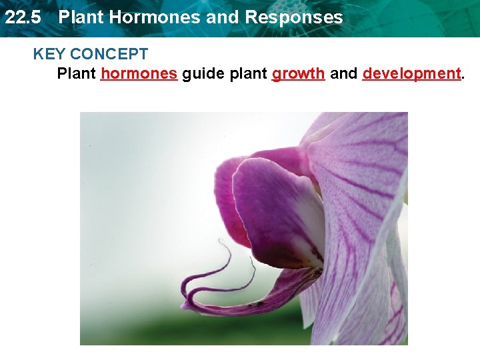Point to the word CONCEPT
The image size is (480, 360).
point(109,54)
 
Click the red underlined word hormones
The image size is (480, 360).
point(139,73)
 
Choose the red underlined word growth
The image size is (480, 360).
point(298,73)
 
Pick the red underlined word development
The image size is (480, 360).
point(411,73)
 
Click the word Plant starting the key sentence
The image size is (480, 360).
point(76,73)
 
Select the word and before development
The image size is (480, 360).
point(343,73)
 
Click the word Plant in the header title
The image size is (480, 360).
point(81,17)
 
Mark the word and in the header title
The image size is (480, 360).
point(220,17)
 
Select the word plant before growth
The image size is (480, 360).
point(248,74)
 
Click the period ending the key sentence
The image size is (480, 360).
point(463,76)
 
